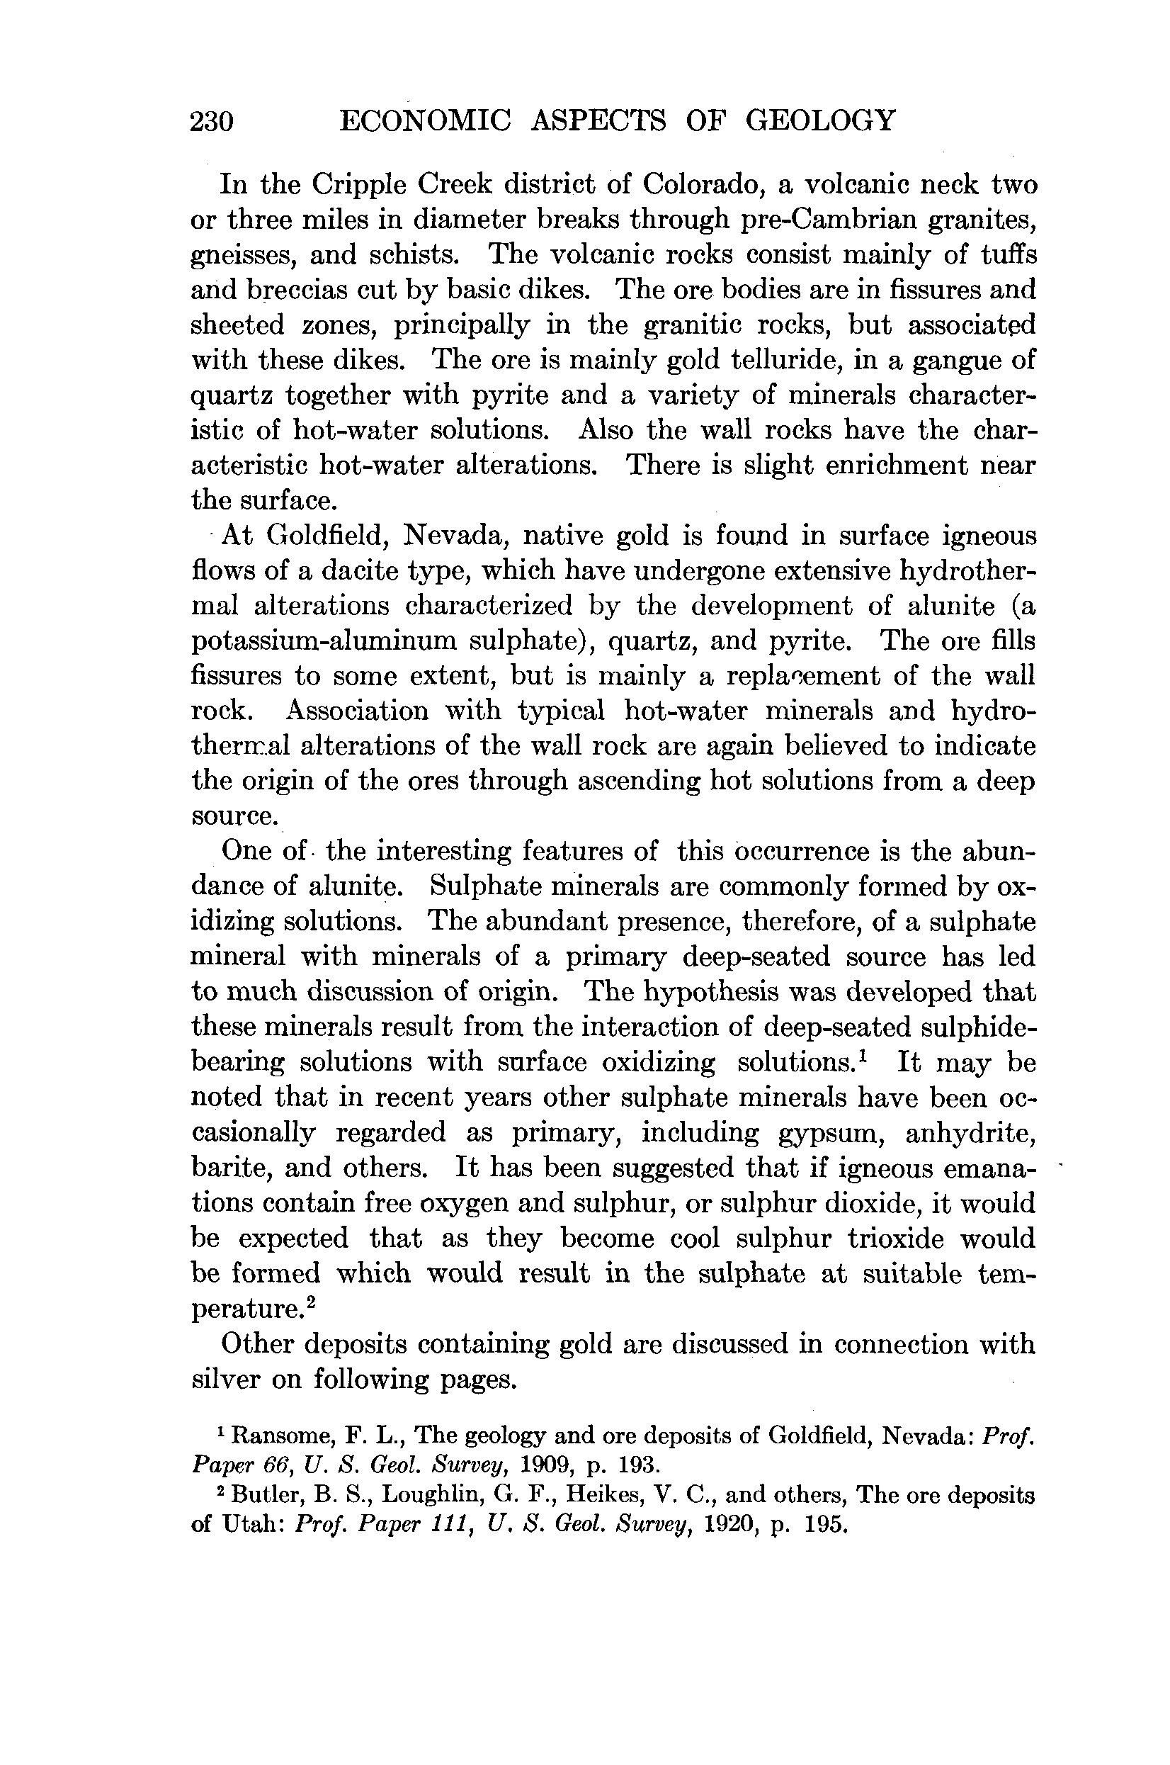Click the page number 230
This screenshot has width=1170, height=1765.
[212, 121]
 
